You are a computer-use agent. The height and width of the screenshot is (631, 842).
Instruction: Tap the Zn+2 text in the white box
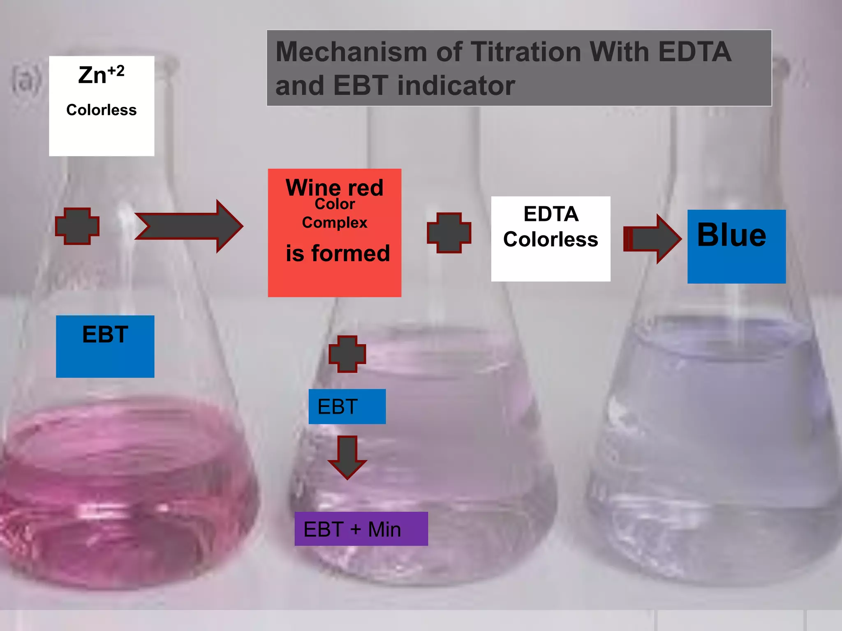(x=101, y=75)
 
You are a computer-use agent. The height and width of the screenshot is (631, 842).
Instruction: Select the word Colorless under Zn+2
(x=101, y=110)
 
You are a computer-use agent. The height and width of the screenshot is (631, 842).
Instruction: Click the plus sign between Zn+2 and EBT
(x=77, y=226)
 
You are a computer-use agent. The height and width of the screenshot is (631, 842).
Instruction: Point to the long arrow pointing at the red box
(x=189, y=226)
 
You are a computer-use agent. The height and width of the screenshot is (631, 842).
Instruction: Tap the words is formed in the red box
(x=338, y=253)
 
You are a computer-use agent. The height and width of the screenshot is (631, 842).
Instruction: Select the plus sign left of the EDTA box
(x=449, y=233)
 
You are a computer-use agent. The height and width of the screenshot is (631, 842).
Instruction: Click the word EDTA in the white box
(x=551, y=214)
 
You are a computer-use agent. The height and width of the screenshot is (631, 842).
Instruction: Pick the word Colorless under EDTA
(x=551, y=240)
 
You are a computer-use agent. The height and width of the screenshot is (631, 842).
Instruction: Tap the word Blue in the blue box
(x=731, y=235)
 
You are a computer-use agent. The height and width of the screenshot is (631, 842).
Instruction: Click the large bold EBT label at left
(x=105, y=334)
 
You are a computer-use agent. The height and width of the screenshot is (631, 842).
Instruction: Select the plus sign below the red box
(x=347, y=354)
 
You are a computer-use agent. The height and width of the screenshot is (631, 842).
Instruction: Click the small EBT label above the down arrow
(x=338, y=407)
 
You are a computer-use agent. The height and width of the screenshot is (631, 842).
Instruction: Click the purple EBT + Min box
(x=361, y=529)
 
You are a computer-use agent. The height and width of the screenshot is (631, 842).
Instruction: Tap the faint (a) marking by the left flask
(x=26, y=80)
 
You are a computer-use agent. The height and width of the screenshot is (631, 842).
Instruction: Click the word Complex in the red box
(x=334, y=223)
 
